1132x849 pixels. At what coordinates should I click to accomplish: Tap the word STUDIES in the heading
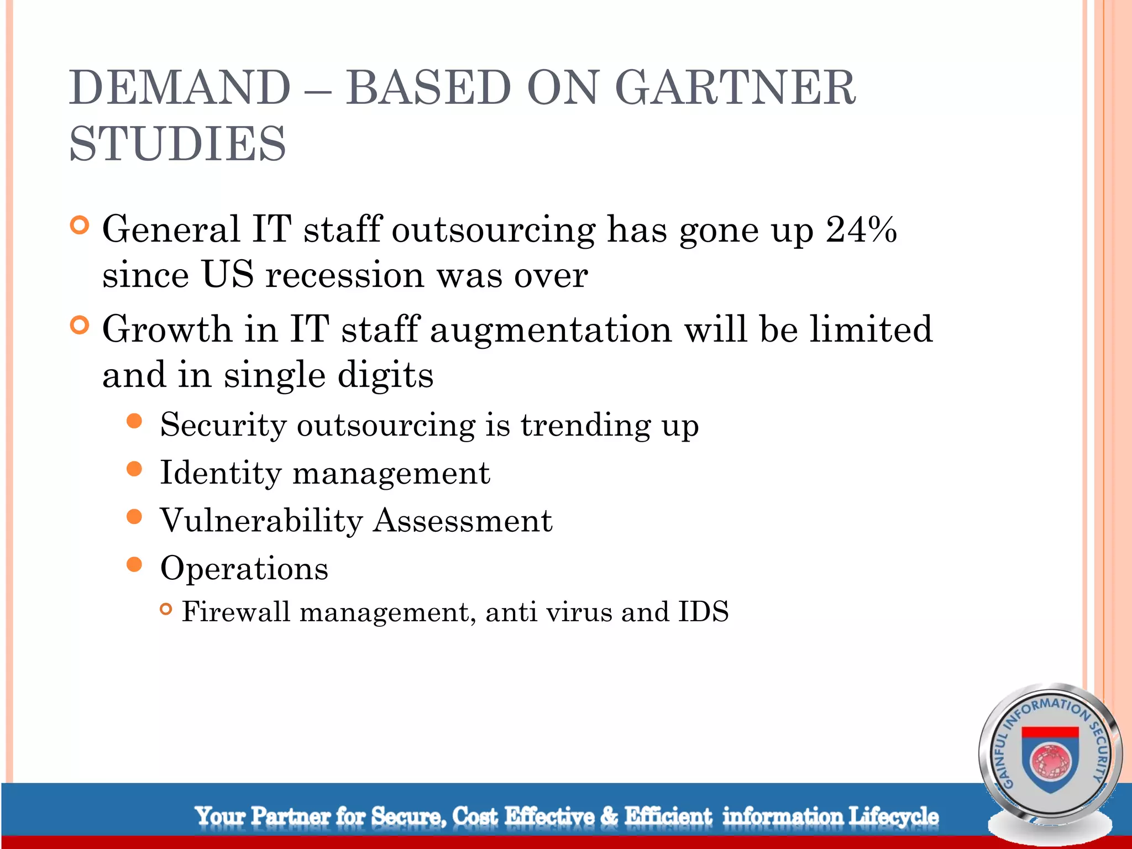tap(178, 144)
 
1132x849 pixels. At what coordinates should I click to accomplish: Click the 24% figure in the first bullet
tap(861, 229)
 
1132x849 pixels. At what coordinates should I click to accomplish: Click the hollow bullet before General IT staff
tap(80, 226)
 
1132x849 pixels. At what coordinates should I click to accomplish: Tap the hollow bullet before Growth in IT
tap(80, 326)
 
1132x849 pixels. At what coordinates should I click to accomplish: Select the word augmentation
tap(551, 329)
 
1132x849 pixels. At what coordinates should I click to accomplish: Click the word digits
tap(385, 375)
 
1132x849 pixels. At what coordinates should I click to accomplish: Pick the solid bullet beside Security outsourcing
tap(134, 422)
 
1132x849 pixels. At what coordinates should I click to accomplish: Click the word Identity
tap(221, 473)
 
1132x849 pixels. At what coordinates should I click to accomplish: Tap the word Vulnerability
tap(261, 521)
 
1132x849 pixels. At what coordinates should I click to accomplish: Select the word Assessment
tap(463, 521)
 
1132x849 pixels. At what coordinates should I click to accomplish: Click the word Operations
tap(244, 568)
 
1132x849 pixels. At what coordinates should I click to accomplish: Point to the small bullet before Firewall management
tap(166, 609)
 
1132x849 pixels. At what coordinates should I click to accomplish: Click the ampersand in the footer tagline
tap(609, 816)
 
